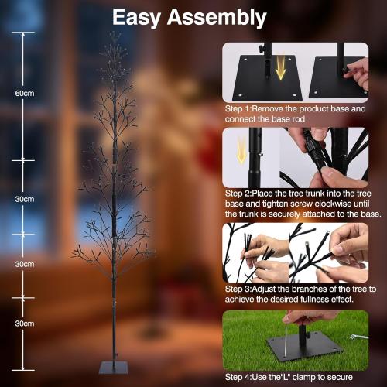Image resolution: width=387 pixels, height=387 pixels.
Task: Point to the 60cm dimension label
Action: pyautogui.click(x=25, y=93)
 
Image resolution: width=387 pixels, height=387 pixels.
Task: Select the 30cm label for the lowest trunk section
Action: pyautogui.click(x=25, y=324)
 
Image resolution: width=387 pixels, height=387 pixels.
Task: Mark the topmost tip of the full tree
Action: pyautogui.click(x=114, y=34)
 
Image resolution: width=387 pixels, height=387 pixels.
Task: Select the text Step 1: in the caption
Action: pyautogui.click(x=241, y=109)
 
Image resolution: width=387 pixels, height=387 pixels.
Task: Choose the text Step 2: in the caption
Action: pyautogui.click(x=241, y=193)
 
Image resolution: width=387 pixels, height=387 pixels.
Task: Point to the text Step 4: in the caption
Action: pyautogui.click(x=241, y=376)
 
